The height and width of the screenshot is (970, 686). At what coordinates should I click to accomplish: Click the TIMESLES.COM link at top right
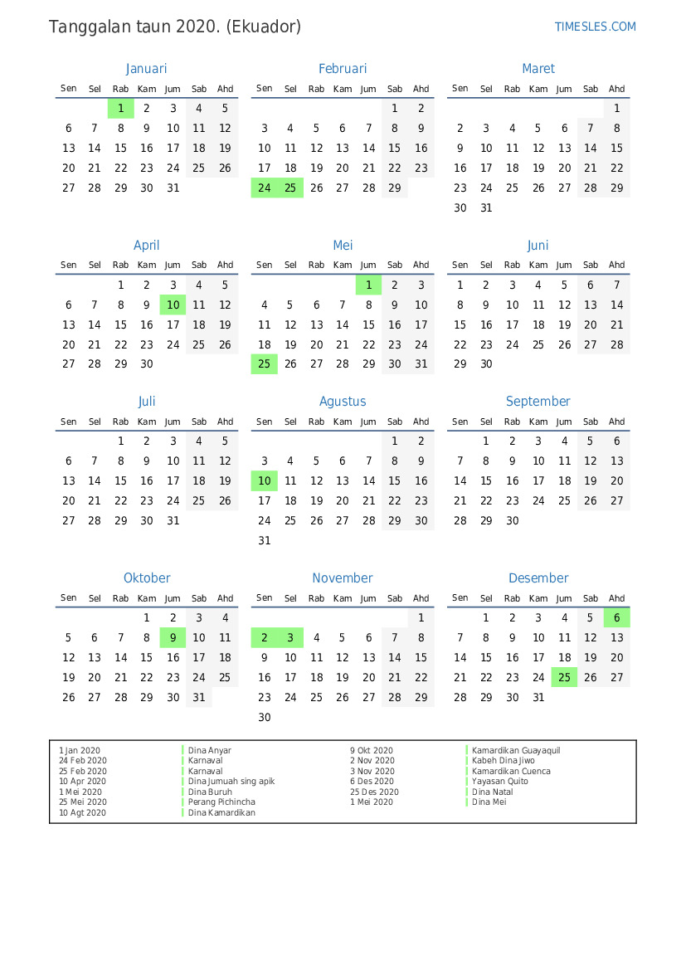click(x=595, y=27)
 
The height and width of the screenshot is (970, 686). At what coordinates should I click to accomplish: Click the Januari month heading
click(x=147, y=69)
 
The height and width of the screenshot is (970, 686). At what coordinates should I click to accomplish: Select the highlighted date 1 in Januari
click(x=121, y=108)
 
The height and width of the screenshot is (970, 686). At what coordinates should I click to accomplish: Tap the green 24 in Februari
click(x=265, y=188)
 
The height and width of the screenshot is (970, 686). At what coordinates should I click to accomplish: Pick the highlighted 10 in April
click(x=173, y=305)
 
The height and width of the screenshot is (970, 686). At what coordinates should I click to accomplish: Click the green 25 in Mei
click(x=265, y=364)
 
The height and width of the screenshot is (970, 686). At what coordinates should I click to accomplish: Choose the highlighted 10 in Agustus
click(x=265, y=480)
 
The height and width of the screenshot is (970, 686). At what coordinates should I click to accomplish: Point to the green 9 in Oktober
click(x=173, y=638)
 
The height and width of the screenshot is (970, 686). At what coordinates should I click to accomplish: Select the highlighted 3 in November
click(x=290, y=638)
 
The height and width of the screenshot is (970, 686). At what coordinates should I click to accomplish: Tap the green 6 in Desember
click(x=616, y=618)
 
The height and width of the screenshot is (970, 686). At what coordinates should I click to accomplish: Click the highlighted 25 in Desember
click(x=564, y=678)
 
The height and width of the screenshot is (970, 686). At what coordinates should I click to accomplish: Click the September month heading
click(x=538, y=402)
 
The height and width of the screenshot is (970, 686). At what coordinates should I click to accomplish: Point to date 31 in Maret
click(x=486, y=208)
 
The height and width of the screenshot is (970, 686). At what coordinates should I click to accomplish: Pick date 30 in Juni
click(x=486, y=364)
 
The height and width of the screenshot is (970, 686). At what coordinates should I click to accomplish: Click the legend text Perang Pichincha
click(x=221, y=802)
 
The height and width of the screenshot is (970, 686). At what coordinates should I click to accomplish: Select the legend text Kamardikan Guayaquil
click(x=516, y=751)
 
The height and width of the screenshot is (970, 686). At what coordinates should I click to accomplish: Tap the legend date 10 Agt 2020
click(x=83, y=813)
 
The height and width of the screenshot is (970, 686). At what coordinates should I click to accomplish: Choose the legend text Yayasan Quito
click(x=499, y=782)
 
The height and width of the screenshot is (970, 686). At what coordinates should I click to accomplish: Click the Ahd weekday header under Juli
click(x=226, y=422)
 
